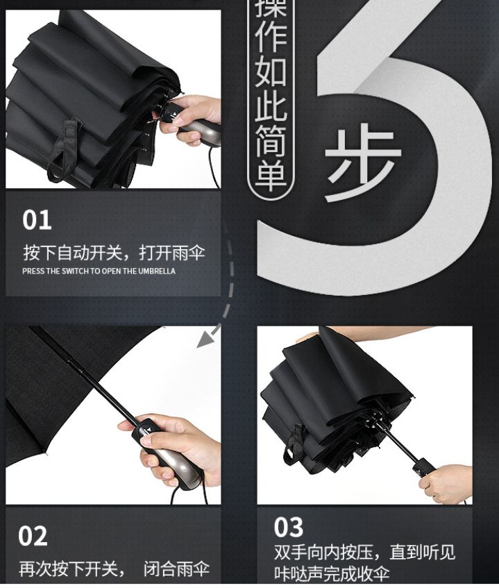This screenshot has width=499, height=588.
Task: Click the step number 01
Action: [37, 220]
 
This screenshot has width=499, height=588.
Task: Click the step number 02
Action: [33, 536]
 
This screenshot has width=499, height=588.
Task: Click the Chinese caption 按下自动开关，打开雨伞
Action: [114, 251]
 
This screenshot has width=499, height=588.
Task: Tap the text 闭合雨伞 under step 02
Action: [176, 569]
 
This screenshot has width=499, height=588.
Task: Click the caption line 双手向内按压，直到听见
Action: [365, 553]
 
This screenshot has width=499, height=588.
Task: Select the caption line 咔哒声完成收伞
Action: [332, 574]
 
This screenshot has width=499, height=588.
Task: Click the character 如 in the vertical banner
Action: [269, 71]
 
